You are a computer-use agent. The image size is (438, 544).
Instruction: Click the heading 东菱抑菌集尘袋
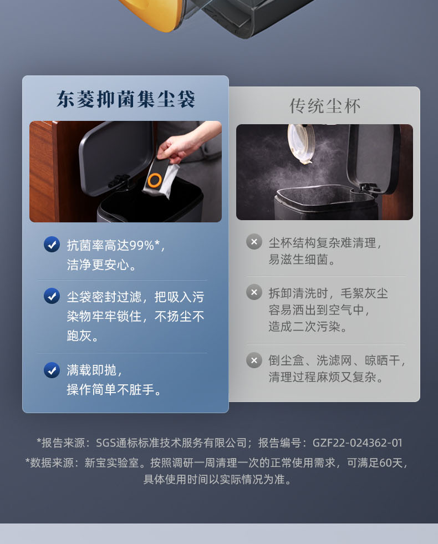(125, 100)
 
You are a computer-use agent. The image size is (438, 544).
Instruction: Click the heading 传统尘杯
(325, 106)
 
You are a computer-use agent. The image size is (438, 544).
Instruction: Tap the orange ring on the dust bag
(154, 180)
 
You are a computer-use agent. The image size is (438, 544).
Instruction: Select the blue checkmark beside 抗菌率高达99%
(52, 245)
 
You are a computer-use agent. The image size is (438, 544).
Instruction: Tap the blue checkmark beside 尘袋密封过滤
(52, 296)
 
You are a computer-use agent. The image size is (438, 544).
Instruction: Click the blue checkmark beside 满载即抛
(52, 370)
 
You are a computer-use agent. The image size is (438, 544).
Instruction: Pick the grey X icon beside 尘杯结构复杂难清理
(254, 241)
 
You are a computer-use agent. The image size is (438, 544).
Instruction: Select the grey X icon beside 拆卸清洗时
(254, 292)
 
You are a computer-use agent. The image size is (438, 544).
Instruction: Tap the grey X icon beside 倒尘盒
(254, 360)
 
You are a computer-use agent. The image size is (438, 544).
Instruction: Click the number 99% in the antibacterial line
(141, 245)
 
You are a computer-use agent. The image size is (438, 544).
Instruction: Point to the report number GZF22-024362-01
(358, 443)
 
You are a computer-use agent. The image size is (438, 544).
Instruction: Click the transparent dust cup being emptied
(301, 144)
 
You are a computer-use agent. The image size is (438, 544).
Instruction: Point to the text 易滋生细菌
(299, 259)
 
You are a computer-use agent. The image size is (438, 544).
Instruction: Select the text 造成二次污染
(304, 327)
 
